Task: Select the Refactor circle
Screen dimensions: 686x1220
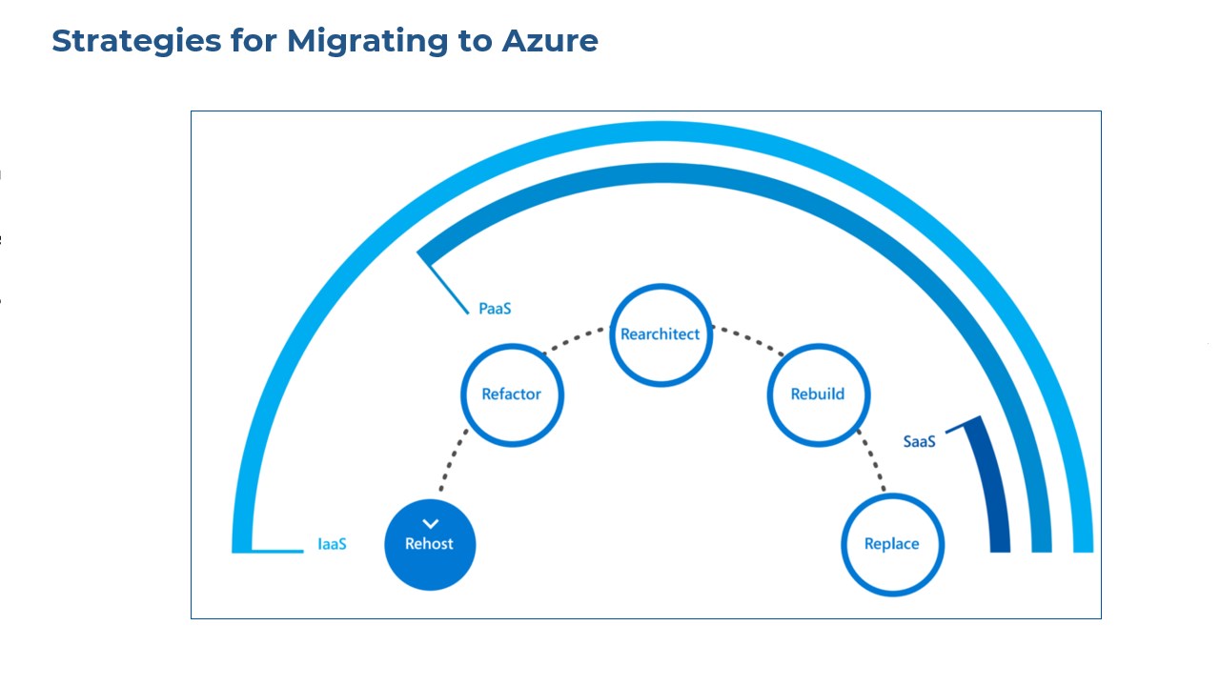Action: pos(512,394)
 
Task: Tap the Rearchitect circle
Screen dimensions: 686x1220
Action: pos(661,334)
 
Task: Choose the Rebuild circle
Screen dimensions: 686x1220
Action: pos(818,394)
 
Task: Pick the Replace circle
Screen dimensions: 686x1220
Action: pos(892,544)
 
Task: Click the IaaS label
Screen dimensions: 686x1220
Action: pos(332,545)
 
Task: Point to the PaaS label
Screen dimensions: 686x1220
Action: pos(495,309)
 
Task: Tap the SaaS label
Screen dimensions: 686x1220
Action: pos(919,442)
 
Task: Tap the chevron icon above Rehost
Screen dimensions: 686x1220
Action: pos(430,524)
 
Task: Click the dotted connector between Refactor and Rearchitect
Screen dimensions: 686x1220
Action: pos(574,341)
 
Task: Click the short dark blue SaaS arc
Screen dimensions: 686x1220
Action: pos(991,486)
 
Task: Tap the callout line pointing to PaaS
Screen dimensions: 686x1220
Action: pos(446,285)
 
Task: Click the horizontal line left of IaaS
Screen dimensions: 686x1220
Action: pos(276,551)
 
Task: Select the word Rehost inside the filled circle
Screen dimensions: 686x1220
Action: pos(430,544)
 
